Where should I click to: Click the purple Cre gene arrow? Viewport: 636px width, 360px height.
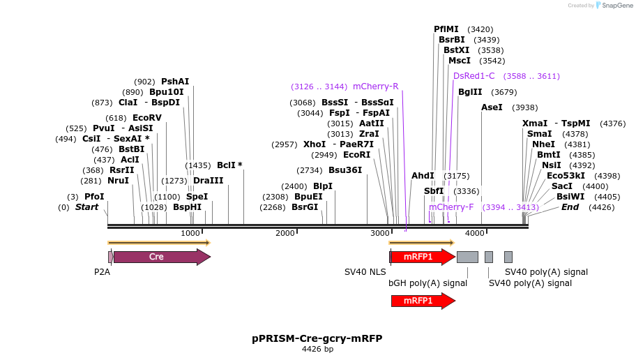tap(160, 257)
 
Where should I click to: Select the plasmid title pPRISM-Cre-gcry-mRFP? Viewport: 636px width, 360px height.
tap(317, 338)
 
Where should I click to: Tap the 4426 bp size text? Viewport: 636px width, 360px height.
tap(317, 349)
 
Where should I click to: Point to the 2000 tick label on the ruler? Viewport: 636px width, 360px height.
tap(285, 233)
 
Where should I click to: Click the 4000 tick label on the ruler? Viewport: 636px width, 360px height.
tap(475, 233)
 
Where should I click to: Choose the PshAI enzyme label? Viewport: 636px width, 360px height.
tap(175, 82)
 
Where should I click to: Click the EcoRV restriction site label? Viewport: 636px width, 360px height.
tap(146, 118)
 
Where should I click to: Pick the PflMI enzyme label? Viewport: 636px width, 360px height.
tap(446, 29)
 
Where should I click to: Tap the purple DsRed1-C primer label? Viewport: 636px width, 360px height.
tap(474, 76)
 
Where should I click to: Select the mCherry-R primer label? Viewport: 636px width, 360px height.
tap(375, 87)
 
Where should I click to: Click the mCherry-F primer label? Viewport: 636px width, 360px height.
tap(451, 207)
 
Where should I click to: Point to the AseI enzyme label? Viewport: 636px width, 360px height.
tap(491, 107)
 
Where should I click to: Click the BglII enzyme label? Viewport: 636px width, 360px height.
tap(470, 92)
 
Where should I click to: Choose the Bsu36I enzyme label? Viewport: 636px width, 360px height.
tap(345, 170)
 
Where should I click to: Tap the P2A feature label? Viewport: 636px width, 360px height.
tap(103, 272)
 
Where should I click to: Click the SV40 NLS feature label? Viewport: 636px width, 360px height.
tap(365, 272)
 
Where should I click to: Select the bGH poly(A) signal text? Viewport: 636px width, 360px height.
tap(427, 283)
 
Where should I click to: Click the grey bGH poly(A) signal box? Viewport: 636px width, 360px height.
tap(467, 257)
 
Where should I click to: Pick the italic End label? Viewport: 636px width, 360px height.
tap(570, 207)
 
